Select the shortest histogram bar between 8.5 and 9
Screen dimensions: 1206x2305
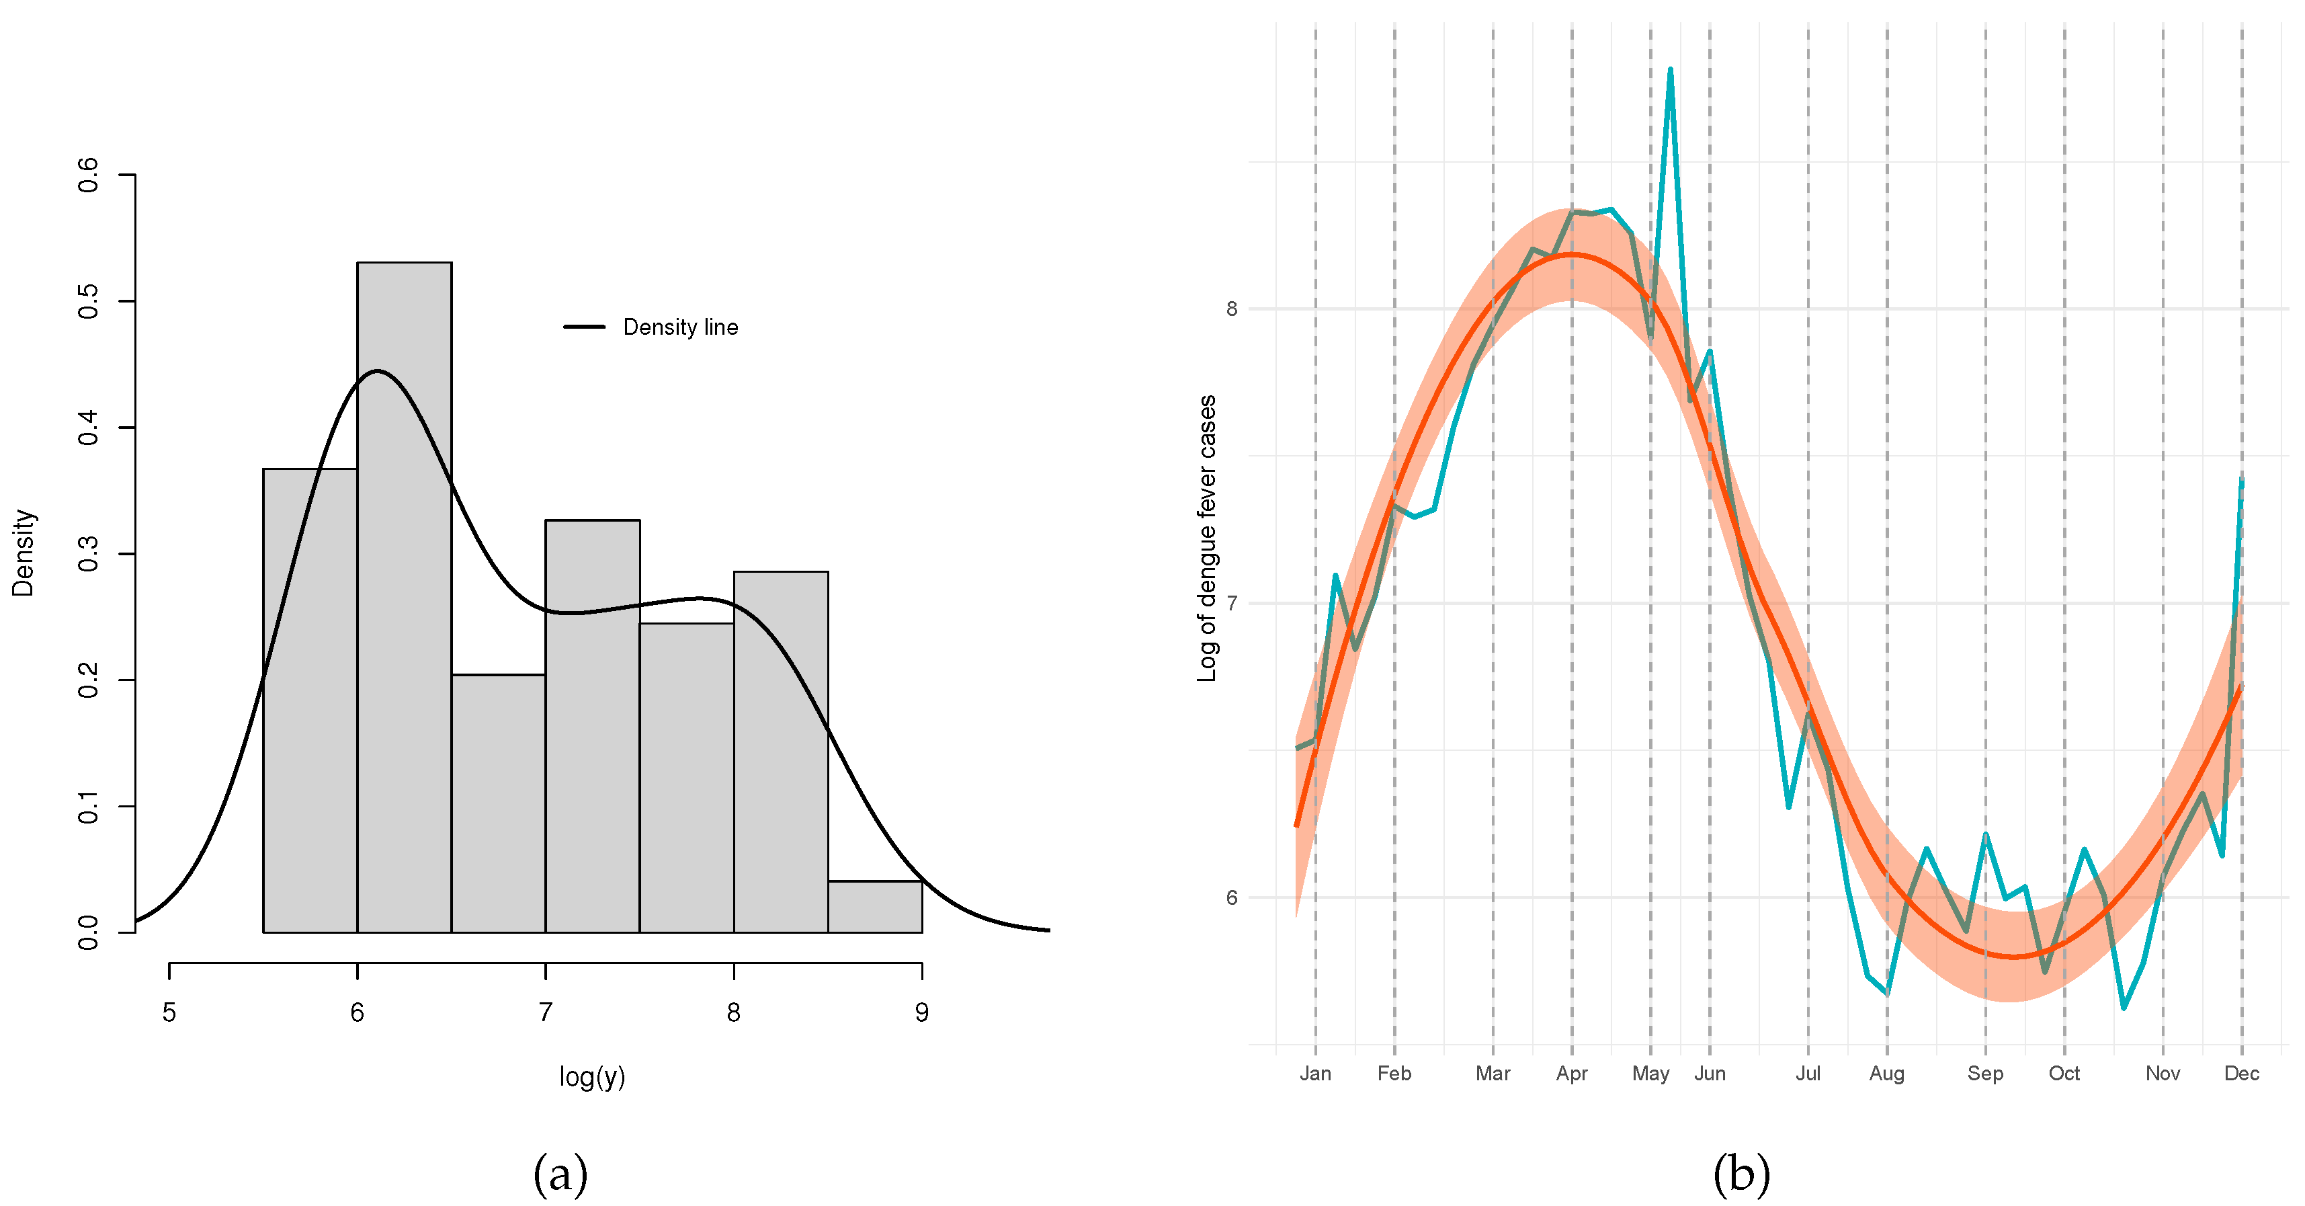click(x=874, y=906)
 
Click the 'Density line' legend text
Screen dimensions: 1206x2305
click(x=680, y=327)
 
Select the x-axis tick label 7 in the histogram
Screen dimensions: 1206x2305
click(x=545, y=1012)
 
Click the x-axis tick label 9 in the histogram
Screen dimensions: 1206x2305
click(x=921, y=1012)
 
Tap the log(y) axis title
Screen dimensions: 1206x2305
click(x=591, y=1076)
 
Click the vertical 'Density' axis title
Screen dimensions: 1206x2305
click(x=24, y=553)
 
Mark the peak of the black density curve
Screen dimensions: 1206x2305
click(x=378, y=370)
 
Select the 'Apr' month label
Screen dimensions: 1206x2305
click(x=1571, y=1074)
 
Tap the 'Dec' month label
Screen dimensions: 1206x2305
click(x=2241, y=1074)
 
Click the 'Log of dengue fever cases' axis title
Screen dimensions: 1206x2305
click(x=1207, y=538)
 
